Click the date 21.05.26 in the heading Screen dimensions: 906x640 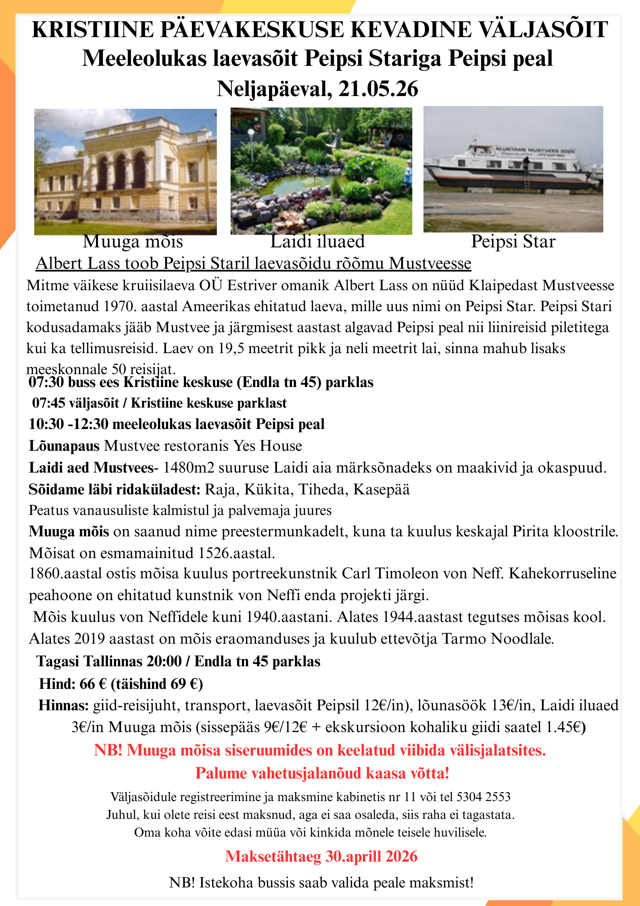[x=378, y=89]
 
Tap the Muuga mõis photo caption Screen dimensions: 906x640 [x=133, y=241]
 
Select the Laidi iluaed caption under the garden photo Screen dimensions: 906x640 [x=317, y=241]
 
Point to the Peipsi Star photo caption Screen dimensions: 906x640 [x=513, y=241]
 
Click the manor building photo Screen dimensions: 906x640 [x=125, y=172]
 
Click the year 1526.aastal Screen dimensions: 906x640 [x=237, y=553]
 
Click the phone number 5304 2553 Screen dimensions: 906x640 [x=483, y=797]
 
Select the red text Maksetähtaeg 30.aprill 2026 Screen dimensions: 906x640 [x=321, y=856]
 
